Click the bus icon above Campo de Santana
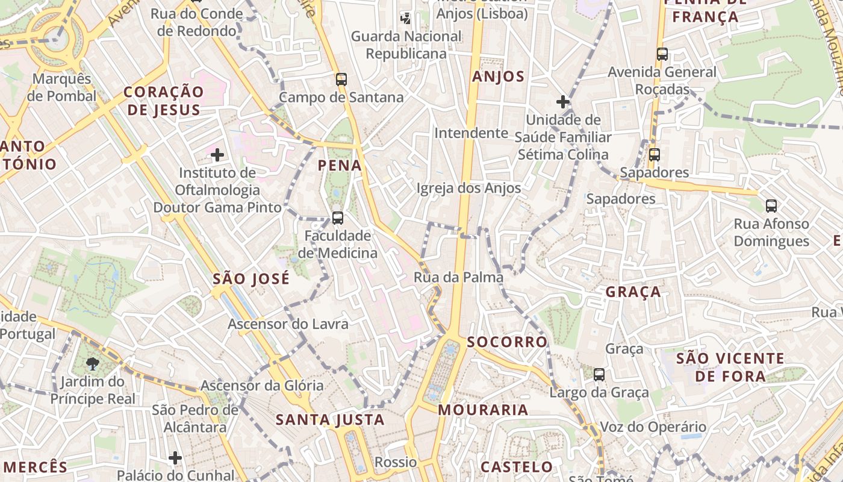pos(341,79)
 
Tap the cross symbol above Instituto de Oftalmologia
pos(217,155)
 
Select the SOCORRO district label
pos(507,342)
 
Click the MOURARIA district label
pos(483,410)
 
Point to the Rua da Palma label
pos(458,278)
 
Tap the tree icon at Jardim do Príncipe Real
pos(92,363)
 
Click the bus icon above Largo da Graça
pos(599,374)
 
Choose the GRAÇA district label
pos(633,292)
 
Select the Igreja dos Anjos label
pos(468,188)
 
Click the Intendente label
pos(471,133)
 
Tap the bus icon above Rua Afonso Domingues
pos(771,206)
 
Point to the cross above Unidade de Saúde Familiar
pos(563,102)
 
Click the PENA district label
pos(340,165)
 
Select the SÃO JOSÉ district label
pos(251,279)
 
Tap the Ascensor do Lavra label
pos(288,324)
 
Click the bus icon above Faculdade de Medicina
pos(338,218)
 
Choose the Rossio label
pos(396,462)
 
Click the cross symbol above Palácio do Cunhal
pos(175,458)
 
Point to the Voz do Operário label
pos(652,427)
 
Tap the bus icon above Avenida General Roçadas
pos(662,54)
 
